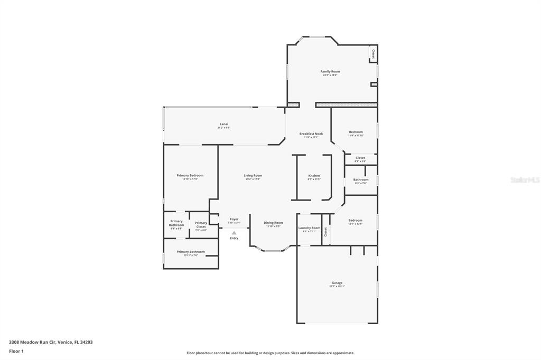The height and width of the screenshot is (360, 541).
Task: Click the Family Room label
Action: coord(330,72)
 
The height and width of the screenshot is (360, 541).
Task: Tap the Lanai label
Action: coord(224,125)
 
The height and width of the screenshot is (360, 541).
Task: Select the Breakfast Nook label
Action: coord(311,134)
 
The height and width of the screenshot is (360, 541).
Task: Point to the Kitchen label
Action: coord(314,176)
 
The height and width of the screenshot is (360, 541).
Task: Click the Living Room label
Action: coord(253,176)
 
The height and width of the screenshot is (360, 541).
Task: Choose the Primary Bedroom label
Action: coord(190,176)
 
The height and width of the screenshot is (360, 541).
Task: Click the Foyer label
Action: coord(234,220)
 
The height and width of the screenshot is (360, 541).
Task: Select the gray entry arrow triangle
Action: coord(234,233)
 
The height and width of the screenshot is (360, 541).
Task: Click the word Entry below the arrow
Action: coord(234,238)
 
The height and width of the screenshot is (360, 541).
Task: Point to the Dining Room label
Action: coord(274,223)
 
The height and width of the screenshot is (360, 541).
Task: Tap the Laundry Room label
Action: coord(309,229)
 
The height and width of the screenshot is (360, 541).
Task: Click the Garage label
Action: coord(337,283)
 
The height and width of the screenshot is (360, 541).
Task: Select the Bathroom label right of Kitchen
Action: coord(361,180)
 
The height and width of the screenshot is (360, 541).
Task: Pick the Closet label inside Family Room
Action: coord(374,53)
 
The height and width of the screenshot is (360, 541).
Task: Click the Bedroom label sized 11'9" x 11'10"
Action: coord(356,132)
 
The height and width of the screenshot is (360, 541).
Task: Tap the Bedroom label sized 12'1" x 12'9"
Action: coord(355,221)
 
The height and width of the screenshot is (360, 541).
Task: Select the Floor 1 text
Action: coord(16,351)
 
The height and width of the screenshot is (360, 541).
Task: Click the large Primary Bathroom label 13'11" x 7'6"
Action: coord(190,252)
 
